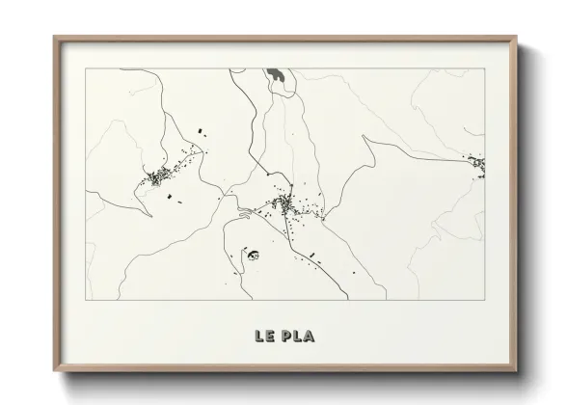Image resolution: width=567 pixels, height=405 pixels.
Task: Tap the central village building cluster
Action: [283, 203]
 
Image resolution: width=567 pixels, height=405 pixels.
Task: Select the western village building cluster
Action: [157, 176]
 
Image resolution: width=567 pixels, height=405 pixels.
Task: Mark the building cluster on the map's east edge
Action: [478, 166]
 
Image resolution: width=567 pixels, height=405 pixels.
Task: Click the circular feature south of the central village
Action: [255, 256]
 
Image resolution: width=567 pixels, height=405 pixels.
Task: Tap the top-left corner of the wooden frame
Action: [54, 38]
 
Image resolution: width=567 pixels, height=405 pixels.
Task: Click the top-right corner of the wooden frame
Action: [517, 38]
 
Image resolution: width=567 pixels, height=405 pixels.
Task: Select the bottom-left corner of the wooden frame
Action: [54, 370]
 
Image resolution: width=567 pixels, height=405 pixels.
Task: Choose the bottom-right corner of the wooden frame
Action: [517, 370]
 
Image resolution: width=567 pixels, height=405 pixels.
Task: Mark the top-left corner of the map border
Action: [86, 69]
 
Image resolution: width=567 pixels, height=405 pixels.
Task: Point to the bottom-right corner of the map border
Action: [485, 300]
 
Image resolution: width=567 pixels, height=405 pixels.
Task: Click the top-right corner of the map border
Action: [485, 69]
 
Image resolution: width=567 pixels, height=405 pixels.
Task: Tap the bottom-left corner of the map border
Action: [86, 300]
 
